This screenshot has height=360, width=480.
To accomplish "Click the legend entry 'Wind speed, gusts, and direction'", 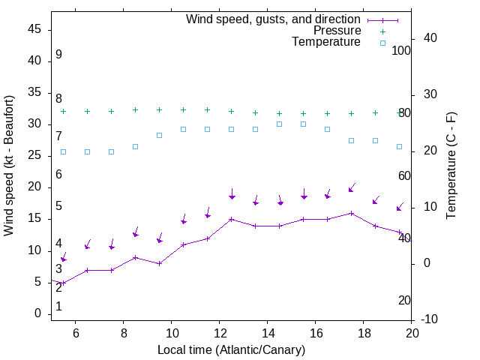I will pos(274,19).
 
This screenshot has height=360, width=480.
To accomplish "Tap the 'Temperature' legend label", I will pos(326,43).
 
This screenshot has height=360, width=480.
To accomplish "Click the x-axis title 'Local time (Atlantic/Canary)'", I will pos(231,349).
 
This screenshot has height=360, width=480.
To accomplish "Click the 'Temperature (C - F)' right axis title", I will pos(451,165).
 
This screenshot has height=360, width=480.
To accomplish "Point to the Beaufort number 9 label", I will pos(58,55).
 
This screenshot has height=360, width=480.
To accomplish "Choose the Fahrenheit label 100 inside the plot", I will pos(401,50).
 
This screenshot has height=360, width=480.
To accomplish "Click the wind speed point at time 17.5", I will pos(352,213).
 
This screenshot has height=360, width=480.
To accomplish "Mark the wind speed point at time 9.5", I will pos(160,264).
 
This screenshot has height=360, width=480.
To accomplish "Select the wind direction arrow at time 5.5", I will pos(64,257).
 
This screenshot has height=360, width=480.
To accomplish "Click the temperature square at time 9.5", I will pos(160,135).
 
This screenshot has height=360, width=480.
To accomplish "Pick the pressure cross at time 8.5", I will pos(136,109).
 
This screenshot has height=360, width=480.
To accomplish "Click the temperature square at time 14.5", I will pos(280,124).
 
